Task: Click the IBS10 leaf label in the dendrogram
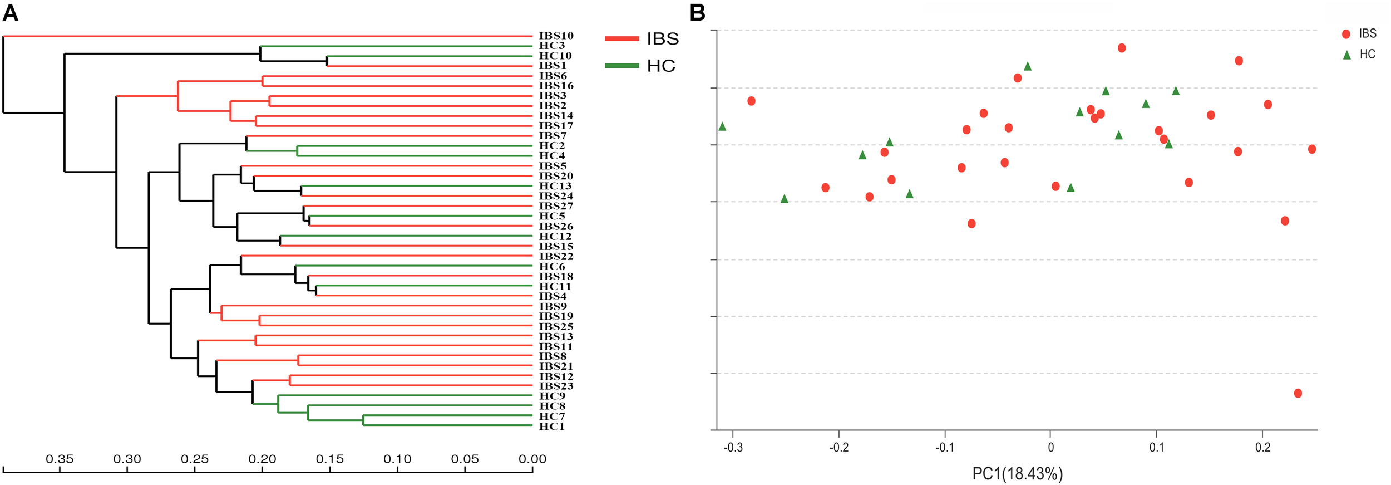click(x=555, y=36)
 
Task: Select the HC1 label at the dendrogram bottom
click(x=551, y=427)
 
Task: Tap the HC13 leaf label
click(x=555, y=186)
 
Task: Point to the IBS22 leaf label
click(x=555, y=257)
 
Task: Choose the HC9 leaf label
click(x=551, y=396)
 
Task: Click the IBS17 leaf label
click(x=555, y=126)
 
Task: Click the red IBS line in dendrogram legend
click(x=621, y=39)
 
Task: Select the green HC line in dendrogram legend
click(x=621, y=66)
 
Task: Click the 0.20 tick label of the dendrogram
click(x=262, y=459)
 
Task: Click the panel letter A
click(x=11, y=12)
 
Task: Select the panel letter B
click(x=697, y=12)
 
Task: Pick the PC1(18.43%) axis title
click(x=1017, y=474)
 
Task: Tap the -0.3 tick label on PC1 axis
click(x=733, y=448)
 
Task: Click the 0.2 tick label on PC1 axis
click(x=1262, y=448)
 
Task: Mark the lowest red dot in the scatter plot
click(x=1298, y=394)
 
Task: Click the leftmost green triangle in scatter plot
click(x=722, y=126)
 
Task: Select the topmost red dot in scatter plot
click(x=1122, y=48)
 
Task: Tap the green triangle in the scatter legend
click(x=1346, y=55)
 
